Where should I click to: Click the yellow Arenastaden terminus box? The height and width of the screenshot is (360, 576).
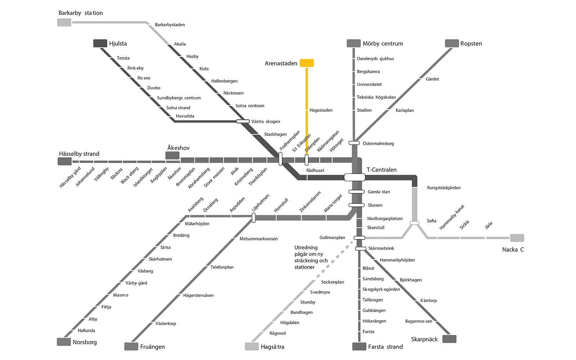pyautogui.click(x=307, y=63)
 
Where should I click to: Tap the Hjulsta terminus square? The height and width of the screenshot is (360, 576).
pyautogui.click(x=100, y=43)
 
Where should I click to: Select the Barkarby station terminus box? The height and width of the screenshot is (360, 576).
pyautogui.click(x=64, y=22)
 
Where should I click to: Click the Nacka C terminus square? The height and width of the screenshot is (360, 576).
pyautogui.click(x=517, y=238)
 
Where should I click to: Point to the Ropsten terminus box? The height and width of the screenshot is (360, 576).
pyautogui.click(x=452, y=43)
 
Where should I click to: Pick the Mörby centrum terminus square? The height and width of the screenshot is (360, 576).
pyautogui.click(x=354, y=43)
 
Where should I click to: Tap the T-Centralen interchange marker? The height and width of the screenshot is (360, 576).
pyautogui.click(x=355, y=177)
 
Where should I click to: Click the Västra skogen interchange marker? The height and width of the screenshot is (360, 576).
pyautogui.click(x=243, y=121)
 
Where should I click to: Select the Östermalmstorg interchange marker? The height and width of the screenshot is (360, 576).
pyautogui.click(x=354, y=143)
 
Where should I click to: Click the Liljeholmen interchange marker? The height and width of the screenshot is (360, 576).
pyautogui.click(x=253, y=217)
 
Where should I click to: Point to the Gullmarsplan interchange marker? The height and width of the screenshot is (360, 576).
pyautogui.click(x=359, y=238)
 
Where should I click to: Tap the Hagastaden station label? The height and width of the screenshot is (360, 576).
pyautogui.click(x=321, y=110)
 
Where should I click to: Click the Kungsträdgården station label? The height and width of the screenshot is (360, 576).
pyautogui.click(x=444, y=188)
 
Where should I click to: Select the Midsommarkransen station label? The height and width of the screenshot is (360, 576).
pyautogui.click(x=259, y=239)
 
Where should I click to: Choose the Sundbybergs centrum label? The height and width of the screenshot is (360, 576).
pyautogui.click(x=179, y=98)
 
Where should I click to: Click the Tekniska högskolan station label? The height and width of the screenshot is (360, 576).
pyautogui.click(x=376, y=97)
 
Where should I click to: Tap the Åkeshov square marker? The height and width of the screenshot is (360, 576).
pyautogui.click(x=172, y=155)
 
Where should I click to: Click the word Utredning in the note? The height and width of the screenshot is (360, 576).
pyautogui.click(x=306, y=248)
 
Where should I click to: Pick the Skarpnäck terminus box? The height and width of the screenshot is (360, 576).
pyautogui.click(x=449, y=339)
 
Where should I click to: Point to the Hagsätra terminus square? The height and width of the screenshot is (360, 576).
pyautogui.click(x=252, y=346)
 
